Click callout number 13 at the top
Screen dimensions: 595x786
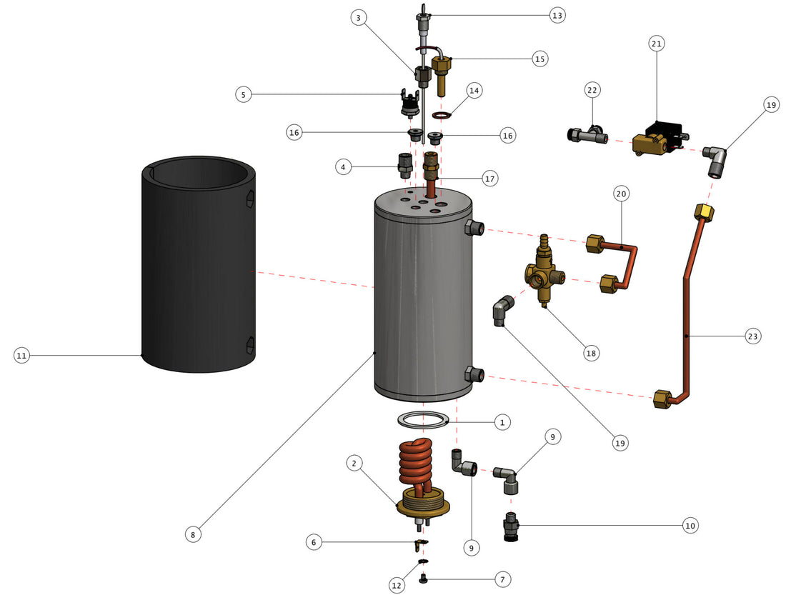557,14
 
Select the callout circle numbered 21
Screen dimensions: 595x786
657,44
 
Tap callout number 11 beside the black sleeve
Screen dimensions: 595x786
21,354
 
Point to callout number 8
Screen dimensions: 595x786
193,533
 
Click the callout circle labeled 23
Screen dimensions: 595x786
752,335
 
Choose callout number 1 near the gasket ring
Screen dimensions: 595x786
502,422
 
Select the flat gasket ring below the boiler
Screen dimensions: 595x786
424,419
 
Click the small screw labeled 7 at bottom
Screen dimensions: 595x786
424,576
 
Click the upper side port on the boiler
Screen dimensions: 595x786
475,229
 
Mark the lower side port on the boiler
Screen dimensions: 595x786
475,374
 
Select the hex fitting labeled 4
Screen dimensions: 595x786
405,166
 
